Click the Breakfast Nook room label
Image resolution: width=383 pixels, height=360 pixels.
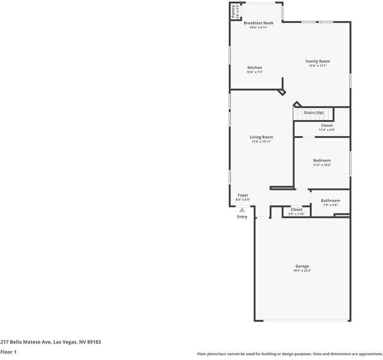pos(258,23)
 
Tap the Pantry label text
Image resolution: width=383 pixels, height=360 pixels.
pos(234,11)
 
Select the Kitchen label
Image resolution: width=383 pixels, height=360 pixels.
pos(255,68)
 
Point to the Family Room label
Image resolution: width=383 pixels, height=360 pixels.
pos(318,61)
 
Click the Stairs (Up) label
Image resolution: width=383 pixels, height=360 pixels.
pos(313,113)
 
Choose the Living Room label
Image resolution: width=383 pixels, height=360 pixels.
pos(261,137)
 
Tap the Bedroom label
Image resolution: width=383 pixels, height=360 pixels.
pos(322,160)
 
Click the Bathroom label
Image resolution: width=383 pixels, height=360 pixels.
pos(330,200)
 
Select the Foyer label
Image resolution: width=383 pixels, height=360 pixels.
pos(243,195)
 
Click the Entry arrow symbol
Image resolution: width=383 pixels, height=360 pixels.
pos(242,210)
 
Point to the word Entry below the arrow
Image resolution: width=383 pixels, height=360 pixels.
pos(242,217)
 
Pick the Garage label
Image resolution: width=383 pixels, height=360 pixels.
pos(302,266)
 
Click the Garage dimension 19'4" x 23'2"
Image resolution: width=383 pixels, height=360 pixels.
pos(302,271)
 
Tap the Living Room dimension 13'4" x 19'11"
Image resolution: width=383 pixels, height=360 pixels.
pos(261,142)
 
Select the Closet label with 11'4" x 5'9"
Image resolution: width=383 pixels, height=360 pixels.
pos(327,125)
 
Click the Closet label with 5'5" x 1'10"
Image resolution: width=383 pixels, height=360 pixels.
pos(297,209)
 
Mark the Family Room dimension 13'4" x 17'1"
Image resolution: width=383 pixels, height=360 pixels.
pos(318,66)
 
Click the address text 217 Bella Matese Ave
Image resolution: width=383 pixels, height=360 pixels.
pos(50,342)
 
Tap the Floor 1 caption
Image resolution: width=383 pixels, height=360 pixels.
pos(8,352)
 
